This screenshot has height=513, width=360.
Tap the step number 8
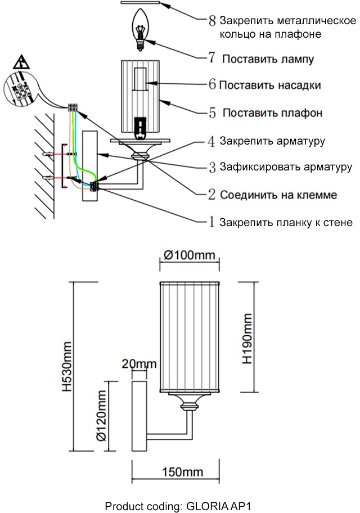(212, 21)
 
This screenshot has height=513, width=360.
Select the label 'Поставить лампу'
(268, 58)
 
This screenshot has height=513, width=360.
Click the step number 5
(212, 113)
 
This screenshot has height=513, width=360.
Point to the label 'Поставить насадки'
(270, 85)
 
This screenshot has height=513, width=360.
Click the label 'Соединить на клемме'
(278, 195)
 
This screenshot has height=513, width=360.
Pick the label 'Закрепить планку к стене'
(286, 222)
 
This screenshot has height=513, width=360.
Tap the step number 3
(212, 168)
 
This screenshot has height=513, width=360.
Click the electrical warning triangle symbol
(21, 61)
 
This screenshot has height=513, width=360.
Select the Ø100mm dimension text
(190, 255)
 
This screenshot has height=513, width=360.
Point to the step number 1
(212, 222)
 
